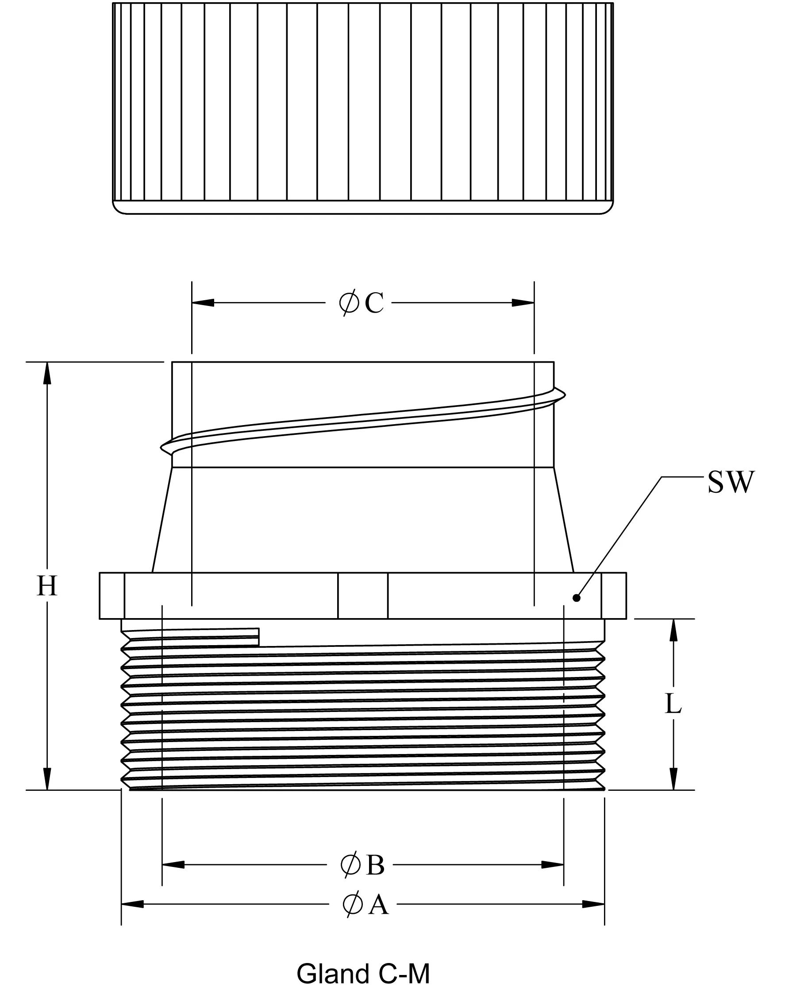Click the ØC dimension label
coord(361,303)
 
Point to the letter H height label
coord(47,586)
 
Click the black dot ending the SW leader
coord(577,598)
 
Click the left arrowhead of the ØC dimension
coord(203,302)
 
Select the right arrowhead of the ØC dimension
coord(523,302)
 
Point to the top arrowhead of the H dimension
coord(47,373)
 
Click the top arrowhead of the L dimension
coord(673,630)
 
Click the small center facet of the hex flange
coord(363,596)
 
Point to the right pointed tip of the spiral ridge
coord(565,395)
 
